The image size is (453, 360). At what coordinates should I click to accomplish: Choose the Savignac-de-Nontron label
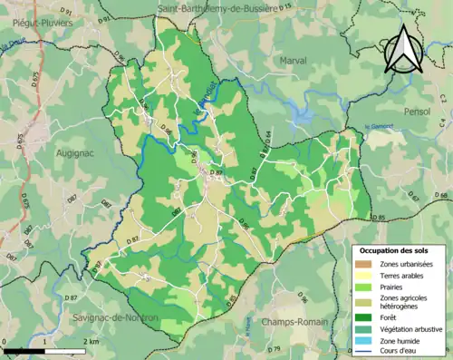tap(115, 318)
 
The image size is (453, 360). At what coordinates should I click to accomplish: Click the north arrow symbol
tap(402, 49)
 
